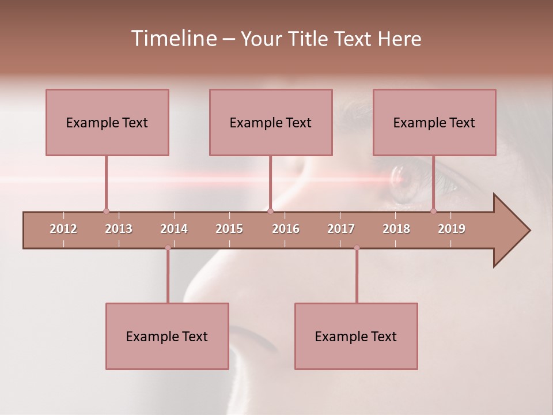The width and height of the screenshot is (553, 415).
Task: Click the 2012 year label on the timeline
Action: [63, 229]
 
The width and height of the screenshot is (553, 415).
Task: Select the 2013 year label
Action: [119, 229]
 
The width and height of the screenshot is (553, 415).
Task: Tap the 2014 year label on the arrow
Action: [174, 229]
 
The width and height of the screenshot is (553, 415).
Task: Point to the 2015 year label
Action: [229, 229]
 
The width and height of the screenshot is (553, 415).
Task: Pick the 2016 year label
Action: [286, 229]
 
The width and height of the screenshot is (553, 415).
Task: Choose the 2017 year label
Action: [341, 229]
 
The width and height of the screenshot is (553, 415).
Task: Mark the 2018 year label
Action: [396, 229]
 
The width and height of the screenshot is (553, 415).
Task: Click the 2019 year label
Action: [452, 229]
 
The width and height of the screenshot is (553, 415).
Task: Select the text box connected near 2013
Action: [107, 122]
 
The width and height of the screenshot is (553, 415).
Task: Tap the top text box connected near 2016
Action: [271, 122]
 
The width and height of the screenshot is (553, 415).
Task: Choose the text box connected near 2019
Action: [434, 122]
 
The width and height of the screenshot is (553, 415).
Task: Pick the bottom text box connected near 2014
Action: [167, 336]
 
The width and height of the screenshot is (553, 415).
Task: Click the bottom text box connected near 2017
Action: [356, 336]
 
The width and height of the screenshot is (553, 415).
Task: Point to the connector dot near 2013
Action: [106, 211]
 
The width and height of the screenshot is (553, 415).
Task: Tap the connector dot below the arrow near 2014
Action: [168, 248]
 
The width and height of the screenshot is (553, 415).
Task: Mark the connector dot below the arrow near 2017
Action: [357, 248]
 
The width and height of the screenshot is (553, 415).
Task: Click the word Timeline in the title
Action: [172, 39]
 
